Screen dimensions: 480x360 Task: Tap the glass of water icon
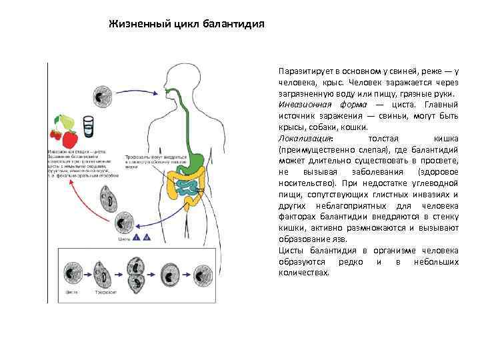pyautogui.click(x=87, y=125)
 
